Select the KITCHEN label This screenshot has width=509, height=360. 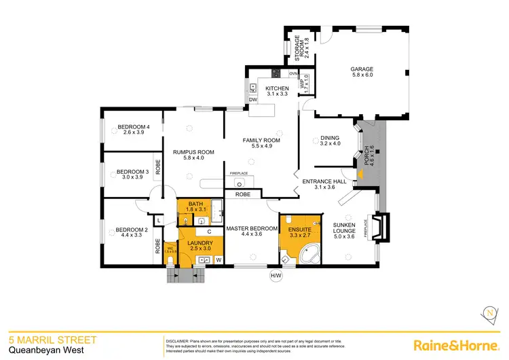click(x=277, y=88)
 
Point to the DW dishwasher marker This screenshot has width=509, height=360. click(x=253, y=100)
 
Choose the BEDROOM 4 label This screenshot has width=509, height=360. click(x=133, y=126)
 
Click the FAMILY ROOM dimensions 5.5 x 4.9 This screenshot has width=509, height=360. click(x=262, y=146)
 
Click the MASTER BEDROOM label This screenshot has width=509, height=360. click(x=252, y=229)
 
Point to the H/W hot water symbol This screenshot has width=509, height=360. click(x=276, y=276)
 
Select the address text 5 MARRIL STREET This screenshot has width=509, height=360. click(x=52, y=339)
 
